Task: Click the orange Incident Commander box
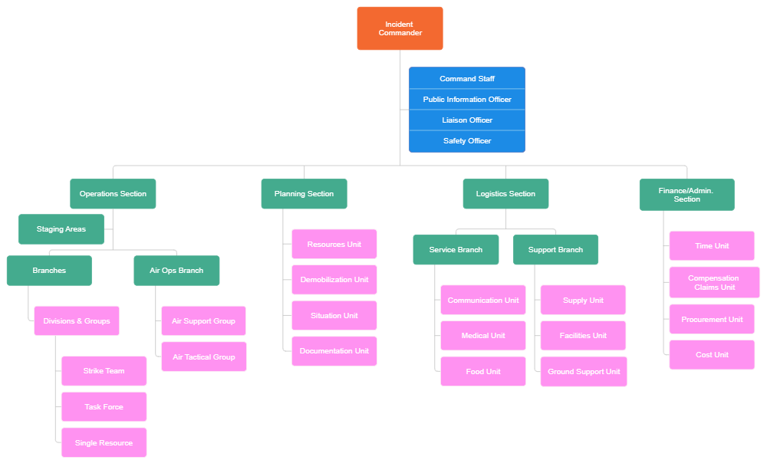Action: click(x=400, y=28)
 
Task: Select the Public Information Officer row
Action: click(x=466, y=100)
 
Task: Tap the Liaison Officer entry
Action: click(x=466, y=120)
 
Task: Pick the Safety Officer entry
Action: click(x=466, y=141)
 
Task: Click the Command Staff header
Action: click(x=466, y=79)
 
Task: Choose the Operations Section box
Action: click(x=113, y=194)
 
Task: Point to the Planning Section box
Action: click(x=304, y=194)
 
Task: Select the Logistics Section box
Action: click(x=505, y=194)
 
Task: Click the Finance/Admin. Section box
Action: click(x=686, y=195)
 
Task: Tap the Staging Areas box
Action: click(x=61, y=229)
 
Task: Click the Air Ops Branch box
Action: click(x=176, y=271)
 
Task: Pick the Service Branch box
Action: click(x=456, y=250)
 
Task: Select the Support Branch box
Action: click(x=555, y=250)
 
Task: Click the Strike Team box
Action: click(x=104, y=371)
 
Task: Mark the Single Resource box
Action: click(x=104, y=443)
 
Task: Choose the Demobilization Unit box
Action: click(x=334, y=280)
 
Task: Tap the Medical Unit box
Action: click(x=483, y=336)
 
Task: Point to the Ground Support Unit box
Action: click(x=584, y=372)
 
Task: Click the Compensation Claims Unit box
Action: click(x=714, y=283)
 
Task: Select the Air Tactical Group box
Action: click(x=204, y=357)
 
